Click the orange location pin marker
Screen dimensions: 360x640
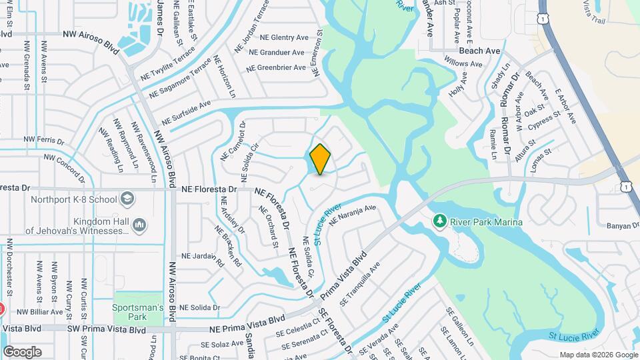(321, 159)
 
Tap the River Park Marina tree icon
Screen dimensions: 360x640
(439, 221)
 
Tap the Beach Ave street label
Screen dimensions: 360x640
(479, 51)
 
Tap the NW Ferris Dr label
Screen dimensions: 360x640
(43, 141)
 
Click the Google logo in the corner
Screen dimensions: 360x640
(22, 352)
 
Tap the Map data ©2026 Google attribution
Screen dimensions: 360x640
(598, 355)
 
